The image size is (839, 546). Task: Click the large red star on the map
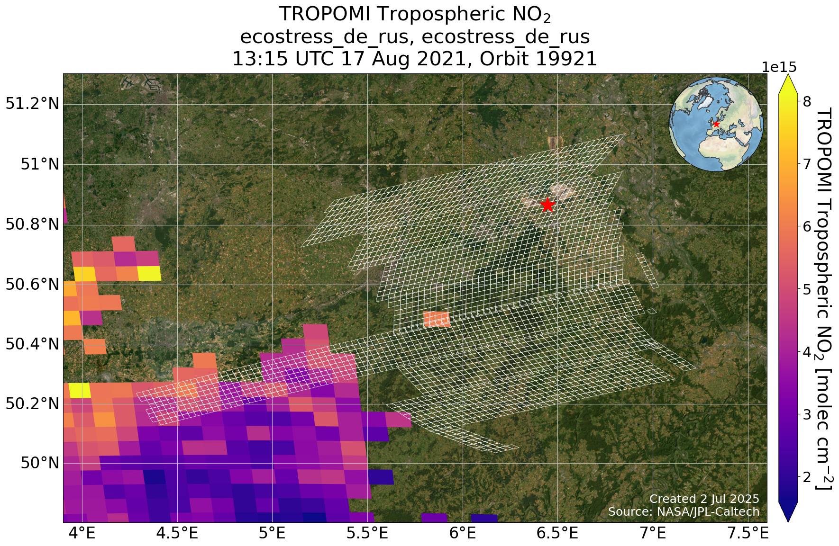pyautogui.click(x=547, y=205)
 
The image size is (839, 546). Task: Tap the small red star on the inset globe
pyautogui.click(x=716, y=124)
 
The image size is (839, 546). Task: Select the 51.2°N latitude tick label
pyautogui.click(x=32, y=104)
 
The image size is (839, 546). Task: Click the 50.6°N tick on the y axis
pyautogui.click(x=32, y=285)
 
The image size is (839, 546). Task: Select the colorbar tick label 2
pyautogui.click(x=805, y=476)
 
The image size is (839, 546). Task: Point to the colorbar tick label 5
pyautogui.click(x=805, y=289)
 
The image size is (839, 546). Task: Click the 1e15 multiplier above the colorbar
pyautogui.click(x=779, y=67)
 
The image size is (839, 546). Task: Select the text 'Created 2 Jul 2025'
pyautogui.click(x=704, y=499)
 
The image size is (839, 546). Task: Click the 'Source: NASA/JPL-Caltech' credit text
pyautogui.click(x=684, y=511)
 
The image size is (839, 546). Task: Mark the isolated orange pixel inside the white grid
pyautogui.click(x=437, y=319)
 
